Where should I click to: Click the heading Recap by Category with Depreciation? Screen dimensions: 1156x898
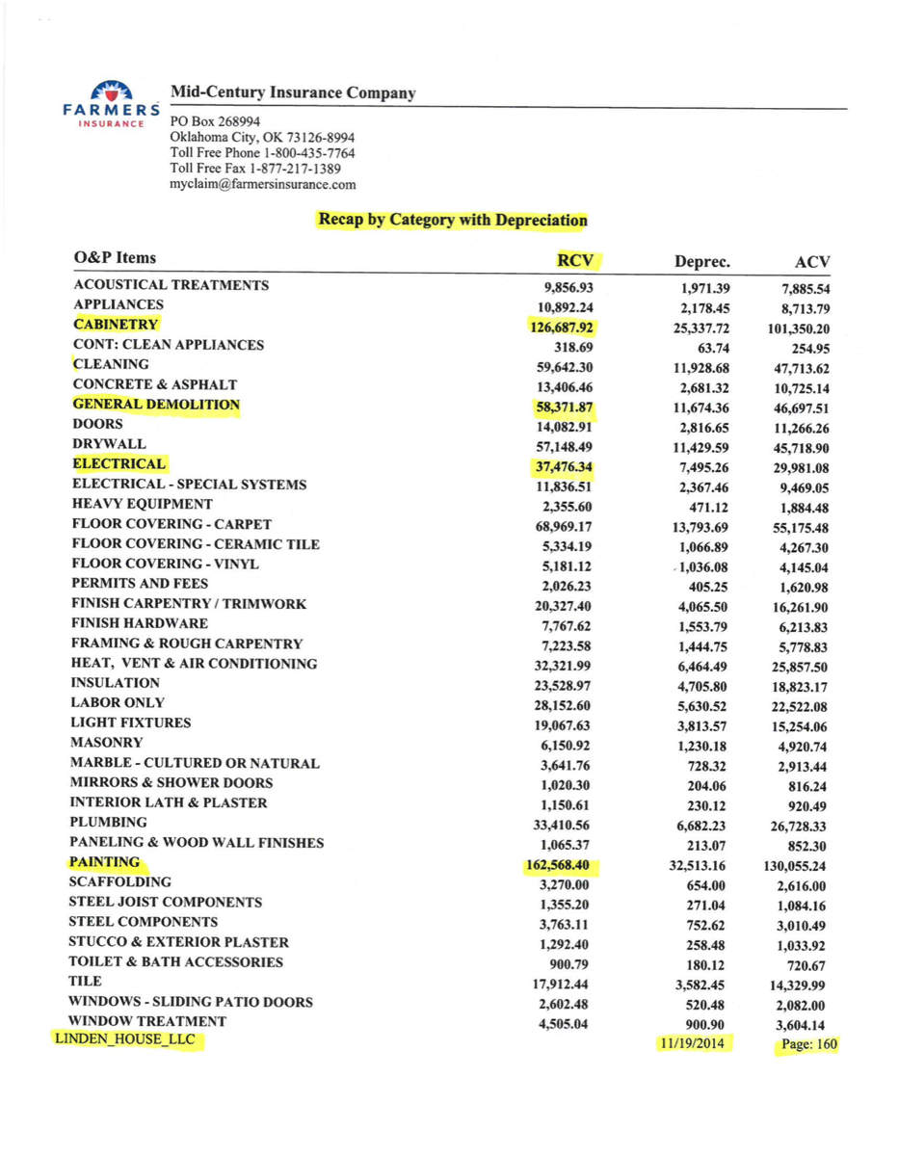[x=452, y=220]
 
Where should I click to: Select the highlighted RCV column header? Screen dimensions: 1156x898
[x=574, y=260]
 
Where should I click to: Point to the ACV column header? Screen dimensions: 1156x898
[x=813, y=262]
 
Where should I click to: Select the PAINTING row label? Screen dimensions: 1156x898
[x=105, y=862]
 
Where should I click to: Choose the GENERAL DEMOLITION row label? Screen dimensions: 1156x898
[x=155, y=405]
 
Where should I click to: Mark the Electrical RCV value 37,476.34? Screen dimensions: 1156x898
[x=565, y=466]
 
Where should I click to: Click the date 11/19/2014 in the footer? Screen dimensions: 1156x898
[x=693, y=1044]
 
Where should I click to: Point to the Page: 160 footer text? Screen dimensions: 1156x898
[x=806, y=1044]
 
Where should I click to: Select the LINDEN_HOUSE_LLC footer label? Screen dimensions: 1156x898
[x=125, y=1040]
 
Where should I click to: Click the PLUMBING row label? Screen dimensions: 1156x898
[x=109, y=822]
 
